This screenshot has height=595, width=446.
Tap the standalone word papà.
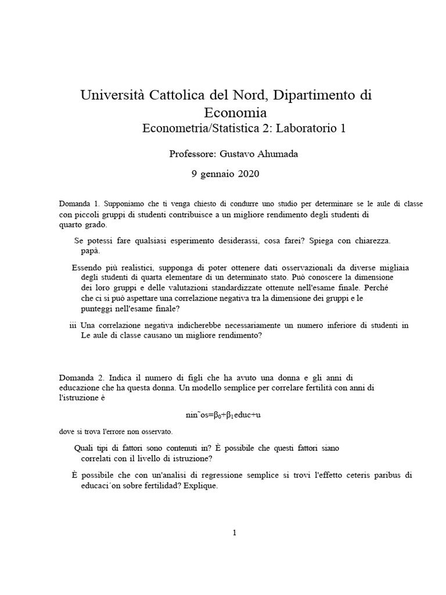pos(91,251)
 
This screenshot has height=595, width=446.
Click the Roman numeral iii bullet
pos(73,325)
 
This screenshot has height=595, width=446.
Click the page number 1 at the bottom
pos(234,532)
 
